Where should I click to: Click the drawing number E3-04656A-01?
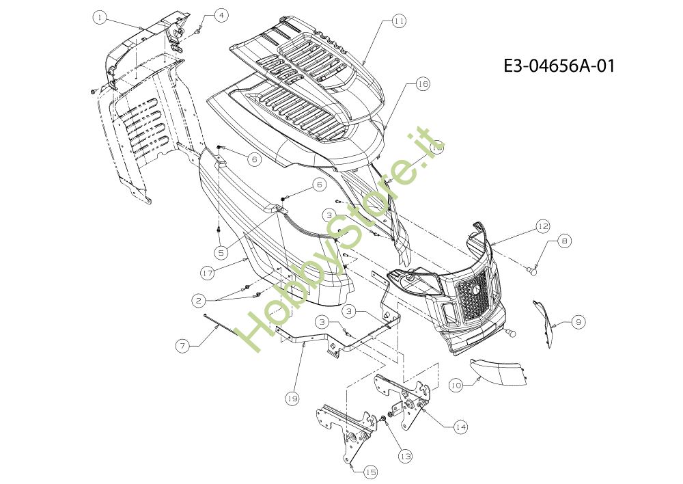click(x=559, y=66)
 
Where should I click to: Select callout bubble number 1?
click(x=100, y=18)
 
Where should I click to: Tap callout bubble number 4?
click(x=221, y=16)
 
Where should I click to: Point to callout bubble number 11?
click(x=399, y=21)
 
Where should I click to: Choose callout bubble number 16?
click(x=423, y=83)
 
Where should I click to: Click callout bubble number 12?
click(x=543, y=226)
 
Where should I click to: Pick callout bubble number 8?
click(x=564, y=241)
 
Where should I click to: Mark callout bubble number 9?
click(x=579, y=322)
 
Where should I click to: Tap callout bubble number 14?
click(x=460, y=427)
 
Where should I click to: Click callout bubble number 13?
click(x=405, y=456)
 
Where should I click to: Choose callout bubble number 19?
click(x=293, y=398)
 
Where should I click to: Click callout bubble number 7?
click(x=183, y=346)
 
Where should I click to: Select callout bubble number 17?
click(x=208, y=273)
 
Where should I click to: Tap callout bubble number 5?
click(x=221, y=252)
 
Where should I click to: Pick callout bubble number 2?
click(x=199, y=300)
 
